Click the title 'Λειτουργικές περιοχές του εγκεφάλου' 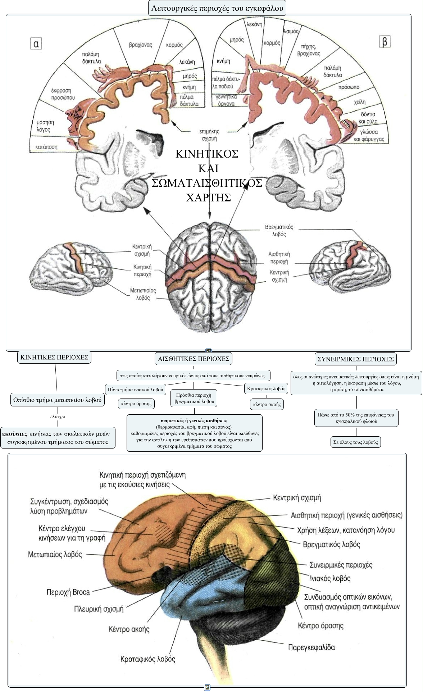(x=217, y=7)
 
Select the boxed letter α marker (x=36, y=44)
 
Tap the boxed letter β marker (x=385, y=42)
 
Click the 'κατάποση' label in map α (x=46, y=147)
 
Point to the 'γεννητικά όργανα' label (x=225, y=100)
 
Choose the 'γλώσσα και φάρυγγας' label (x=369, y=136)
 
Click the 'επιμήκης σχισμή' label (x=209, y=135)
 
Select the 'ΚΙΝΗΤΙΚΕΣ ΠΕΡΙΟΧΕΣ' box (x=54, y=357)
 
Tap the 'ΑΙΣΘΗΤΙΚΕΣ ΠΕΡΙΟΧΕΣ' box (x=194, y=359)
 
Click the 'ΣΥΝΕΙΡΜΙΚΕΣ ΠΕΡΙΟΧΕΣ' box (x=356, y=359)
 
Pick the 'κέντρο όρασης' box (x=136, y=404)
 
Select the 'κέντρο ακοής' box (x=267, y=404)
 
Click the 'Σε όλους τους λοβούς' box (x=356, y=442)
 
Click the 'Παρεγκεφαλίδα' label (x=311, y=647)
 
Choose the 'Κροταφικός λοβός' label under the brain (x=148, y=659)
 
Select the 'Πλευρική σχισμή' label (x=99, y=609)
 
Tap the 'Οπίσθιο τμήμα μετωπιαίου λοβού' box (x=58, y=400)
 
